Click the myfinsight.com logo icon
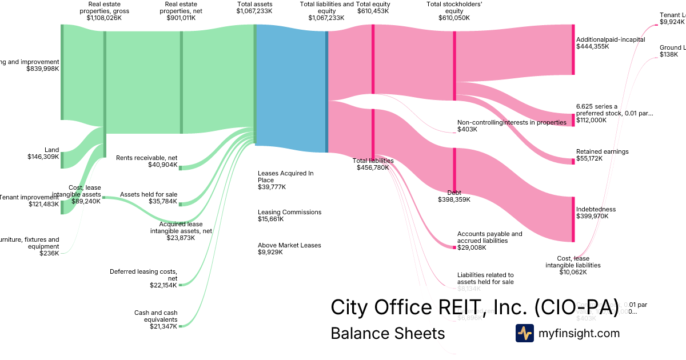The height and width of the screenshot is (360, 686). (x=524, y=333)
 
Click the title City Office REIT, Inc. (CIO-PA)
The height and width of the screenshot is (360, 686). (x=474, y=308)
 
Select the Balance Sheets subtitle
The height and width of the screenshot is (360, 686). (x=387, y=333)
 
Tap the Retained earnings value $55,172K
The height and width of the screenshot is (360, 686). (x=589, y=158)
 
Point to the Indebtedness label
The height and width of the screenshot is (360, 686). (x=596, y=209)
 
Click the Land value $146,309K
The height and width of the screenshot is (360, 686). (x=43, y=157)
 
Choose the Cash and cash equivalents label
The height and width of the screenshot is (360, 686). (x=156, y=316)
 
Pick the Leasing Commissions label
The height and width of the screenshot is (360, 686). (x=289, y=212)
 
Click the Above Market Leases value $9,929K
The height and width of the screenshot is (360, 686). (x=270, y=252)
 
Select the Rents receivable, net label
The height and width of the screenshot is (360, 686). (x=146, y=157)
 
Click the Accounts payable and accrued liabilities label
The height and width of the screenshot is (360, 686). (x=489, y=237)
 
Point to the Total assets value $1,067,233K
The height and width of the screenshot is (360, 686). (x=254, y=18)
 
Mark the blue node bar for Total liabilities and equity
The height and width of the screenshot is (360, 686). (x=326, y=91)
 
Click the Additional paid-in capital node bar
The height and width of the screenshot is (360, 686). (x=573, y=50)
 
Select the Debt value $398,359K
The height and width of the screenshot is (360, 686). (x=454, y=199)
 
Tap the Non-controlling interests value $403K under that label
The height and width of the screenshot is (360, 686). (x=467, y=130)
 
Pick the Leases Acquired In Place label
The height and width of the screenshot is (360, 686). (x=285, y=177)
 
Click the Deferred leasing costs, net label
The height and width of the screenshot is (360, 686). (x=143, y=275)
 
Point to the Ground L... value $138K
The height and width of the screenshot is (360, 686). (x=668, y=54)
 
